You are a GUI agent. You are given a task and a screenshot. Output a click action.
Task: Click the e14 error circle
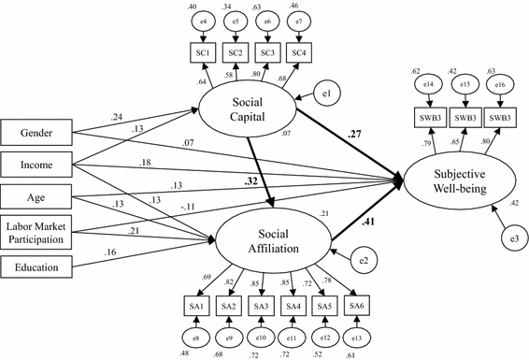coord(428,85)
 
